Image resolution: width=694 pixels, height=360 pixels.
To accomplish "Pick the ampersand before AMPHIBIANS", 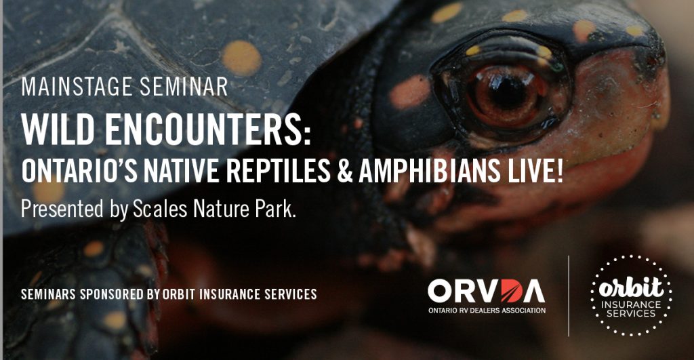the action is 345,172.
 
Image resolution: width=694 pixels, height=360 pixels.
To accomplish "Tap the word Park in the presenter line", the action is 275,209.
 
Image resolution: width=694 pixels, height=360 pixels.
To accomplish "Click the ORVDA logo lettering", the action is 487,291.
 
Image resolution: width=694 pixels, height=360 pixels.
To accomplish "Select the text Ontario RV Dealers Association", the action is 487,311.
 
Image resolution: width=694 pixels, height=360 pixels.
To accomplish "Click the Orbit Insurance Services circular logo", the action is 631,296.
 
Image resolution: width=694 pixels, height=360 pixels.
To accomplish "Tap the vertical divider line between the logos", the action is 569,296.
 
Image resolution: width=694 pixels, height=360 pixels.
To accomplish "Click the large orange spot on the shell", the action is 242,58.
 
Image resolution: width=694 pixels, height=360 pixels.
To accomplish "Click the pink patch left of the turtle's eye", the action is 409,92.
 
